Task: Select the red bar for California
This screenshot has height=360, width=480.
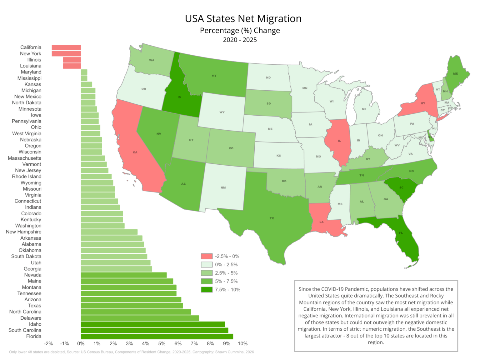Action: pos(66,47)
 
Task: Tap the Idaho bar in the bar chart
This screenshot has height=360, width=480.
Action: pos(153,324)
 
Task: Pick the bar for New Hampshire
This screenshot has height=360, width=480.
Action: pos(109,232)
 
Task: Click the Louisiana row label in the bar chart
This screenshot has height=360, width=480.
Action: pos(31,66)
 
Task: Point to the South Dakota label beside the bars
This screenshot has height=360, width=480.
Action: pos(26,257)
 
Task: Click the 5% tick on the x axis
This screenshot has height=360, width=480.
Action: pos(162,344)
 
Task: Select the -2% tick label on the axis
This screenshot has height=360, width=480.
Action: pos(48,344)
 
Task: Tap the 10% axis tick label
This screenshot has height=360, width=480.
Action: pos(243,344)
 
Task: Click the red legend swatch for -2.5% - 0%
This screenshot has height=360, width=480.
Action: pos(207,256)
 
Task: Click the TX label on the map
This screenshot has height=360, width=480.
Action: pos(272,218)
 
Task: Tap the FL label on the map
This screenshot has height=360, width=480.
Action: pos(401,233)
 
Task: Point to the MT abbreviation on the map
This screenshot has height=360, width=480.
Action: pos(214,76)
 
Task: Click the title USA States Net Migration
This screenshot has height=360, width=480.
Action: pos(243,19)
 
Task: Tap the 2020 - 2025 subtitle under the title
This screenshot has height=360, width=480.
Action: pos(240,40)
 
